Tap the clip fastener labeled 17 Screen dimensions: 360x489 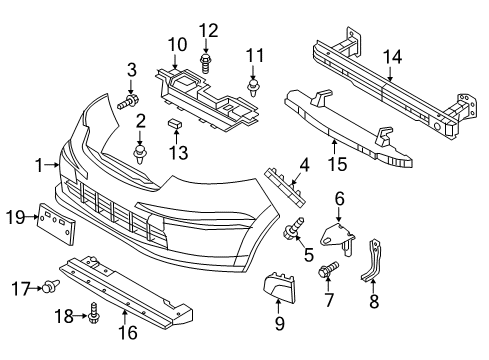[47, 288]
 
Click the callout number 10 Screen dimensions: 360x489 [178, 44]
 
